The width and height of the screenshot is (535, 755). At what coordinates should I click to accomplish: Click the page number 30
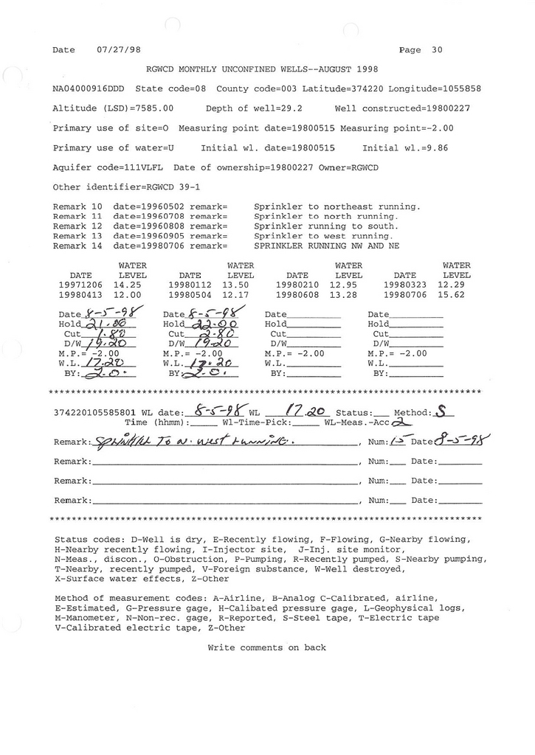pos(437,50)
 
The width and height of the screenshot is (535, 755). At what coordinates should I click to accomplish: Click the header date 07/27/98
pos(118,50)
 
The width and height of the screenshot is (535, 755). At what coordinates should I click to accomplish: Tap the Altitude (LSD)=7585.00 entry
pos(113,108)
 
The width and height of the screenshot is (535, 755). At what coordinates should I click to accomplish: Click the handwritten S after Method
pos(440,411)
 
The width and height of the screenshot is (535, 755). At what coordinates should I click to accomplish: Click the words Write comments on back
pos(266,648)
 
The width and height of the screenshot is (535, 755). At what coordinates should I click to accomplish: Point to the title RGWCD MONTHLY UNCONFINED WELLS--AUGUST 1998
pos(262,69)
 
